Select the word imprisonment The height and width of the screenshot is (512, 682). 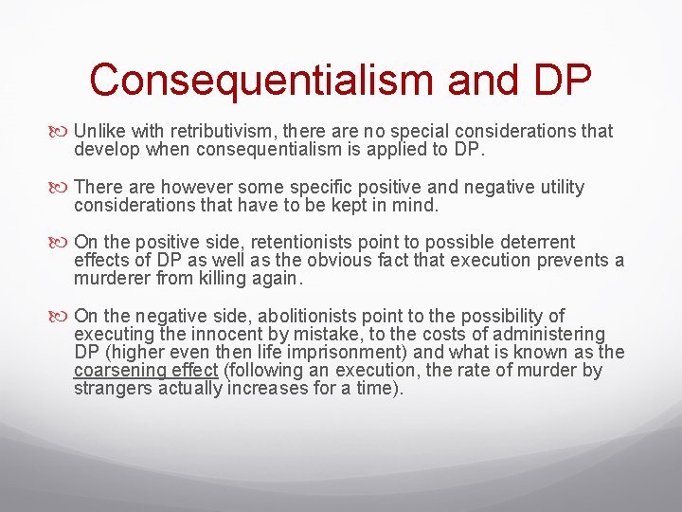point(320,352)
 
